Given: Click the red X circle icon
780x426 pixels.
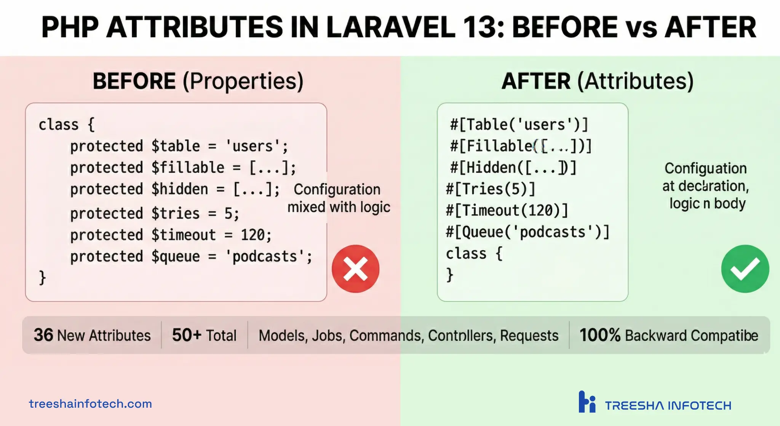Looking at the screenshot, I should (x=355, y=269).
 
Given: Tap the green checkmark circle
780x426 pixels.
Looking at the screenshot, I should (x=745, y=269).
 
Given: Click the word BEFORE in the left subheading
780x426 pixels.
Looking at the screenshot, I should (x=134, y=81).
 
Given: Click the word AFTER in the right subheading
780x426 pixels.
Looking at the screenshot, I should (x=536, y=81).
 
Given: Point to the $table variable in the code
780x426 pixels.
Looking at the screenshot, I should (x=176, y=146).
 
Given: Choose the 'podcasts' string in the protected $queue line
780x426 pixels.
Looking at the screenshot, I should (x=264, y=256).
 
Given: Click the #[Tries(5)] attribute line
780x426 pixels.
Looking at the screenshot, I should (x=491, y=189).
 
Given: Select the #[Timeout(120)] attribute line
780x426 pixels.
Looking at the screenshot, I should (x=507, y=210).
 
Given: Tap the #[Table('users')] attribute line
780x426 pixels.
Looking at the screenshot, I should (x=519, y=125).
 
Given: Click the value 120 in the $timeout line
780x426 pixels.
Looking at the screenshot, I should (x=253, y=235).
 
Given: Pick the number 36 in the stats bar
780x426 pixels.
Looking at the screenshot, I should (x=43, y=335).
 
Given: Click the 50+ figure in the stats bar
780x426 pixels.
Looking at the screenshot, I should (x=187, y=335).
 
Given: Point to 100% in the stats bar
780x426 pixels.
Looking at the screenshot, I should (x=600, y=335).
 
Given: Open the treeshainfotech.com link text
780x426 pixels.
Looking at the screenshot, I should (x=90, y=403).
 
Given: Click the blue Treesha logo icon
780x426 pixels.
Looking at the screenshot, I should (x=587, y=402).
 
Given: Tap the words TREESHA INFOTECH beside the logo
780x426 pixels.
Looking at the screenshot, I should (x=668, y=405).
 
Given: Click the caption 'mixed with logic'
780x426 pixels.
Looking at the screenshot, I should (x=339, y=207).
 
